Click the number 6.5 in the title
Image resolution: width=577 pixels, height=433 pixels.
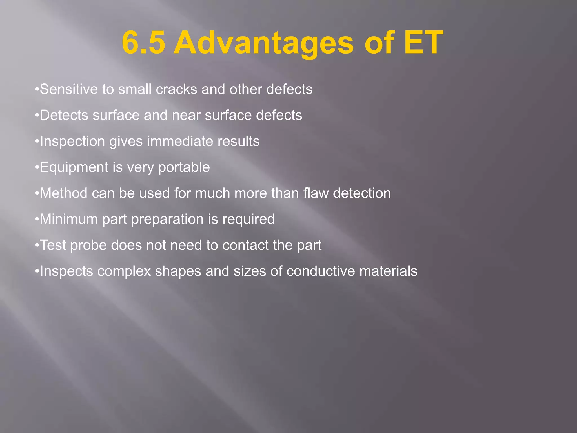click(x=143, y=43)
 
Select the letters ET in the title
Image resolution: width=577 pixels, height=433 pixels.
click(x=423, y=43)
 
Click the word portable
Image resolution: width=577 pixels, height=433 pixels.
click(x=184, y=167)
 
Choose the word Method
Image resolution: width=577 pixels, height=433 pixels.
click(x=64, y=193)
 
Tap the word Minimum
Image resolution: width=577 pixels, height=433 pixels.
click(x=69, y=219)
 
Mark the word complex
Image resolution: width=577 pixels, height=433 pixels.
click(x=124, y=271)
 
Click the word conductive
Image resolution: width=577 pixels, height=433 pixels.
click(x=321, y=271)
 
